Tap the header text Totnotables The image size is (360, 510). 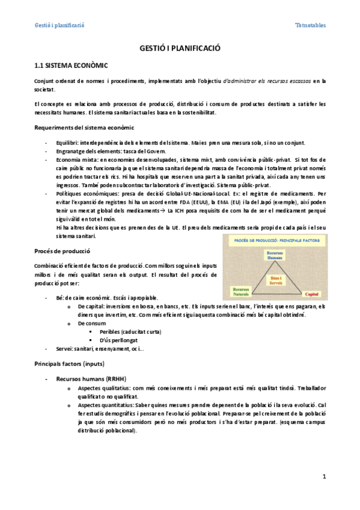tap(311, 25)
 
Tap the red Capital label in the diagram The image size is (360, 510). tap(312, 294)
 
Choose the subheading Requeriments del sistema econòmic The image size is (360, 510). tap(84, 127)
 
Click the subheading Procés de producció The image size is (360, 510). tap(62, 250)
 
